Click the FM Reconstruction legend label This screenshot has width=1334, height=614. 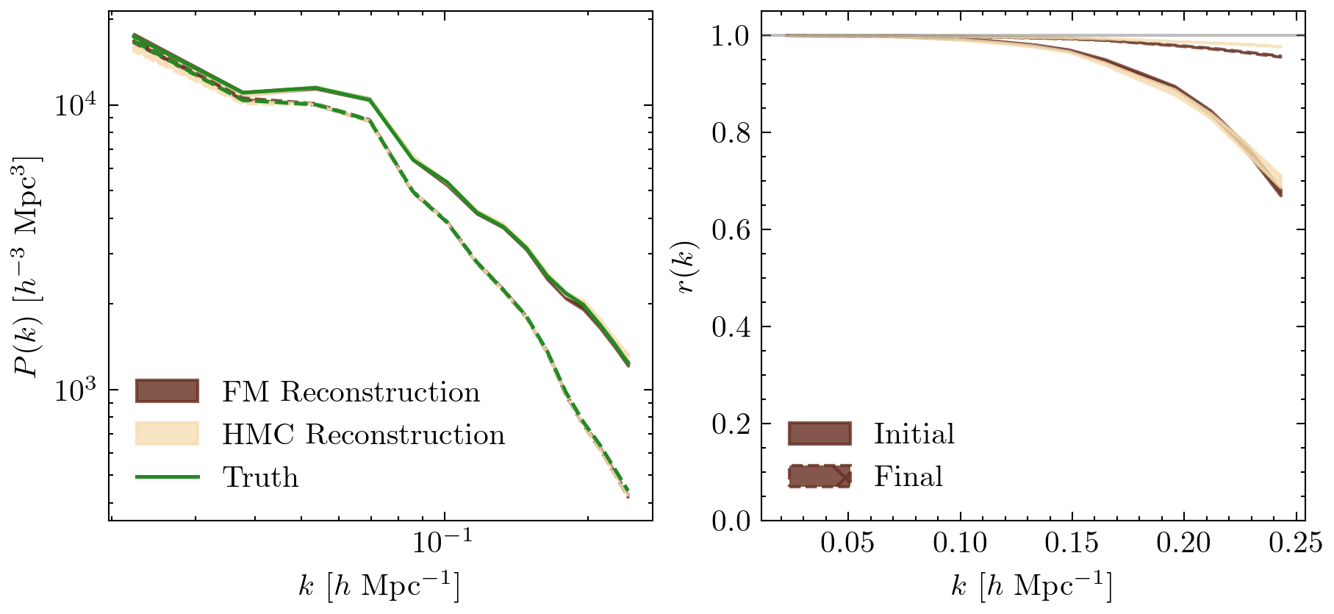point(351,392)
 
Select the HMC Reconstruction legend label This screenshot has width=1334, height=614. point(363,435)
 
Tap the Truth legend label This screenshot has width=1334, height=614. point(260,477)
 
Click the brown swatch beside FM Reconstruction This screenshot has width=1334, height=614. point(168,391)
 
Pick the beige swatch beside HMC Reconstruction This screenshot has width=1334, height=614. point(168,434)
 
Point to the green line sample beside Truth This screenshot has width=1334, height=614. point(168,477)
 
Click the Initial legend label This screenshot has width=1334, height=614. point(914,434)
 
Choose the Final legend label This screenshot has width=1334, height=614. point(908,476)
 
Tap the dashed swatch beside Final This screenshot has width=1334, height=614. point(820,476)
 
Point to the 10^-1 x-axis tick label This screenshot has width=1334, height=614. point(442,543)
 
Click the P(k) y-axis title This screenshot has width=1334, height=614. point(28,266)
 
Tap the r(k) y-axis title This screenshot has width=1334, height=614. point(687,266)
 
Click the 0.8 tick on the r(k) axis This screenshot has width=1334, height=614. point(731,133)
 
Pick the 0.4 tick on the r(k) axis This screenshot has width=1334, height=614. point(731,327)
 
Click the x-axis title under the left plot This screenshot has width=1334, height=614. point(379,587)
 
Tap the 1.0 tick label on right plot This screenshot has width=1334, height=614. point(731,36)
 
